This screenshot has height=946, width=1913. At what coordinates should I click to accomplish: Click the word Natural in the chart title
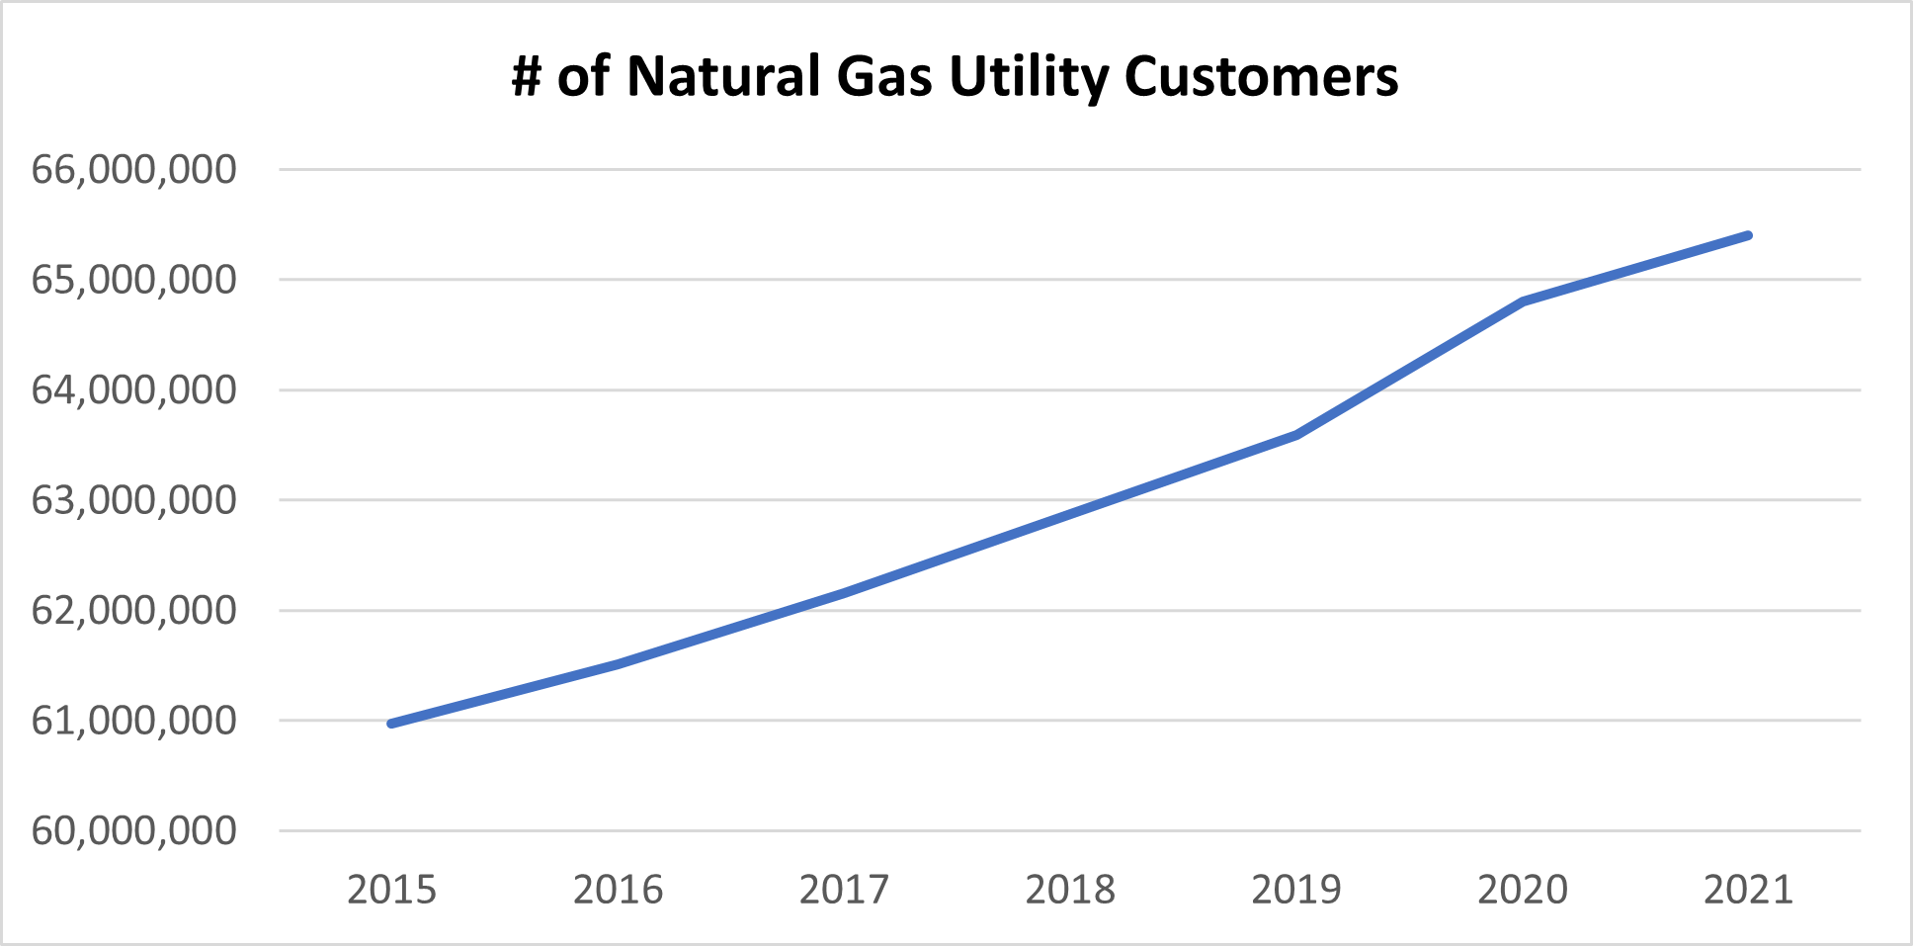click(723, 76)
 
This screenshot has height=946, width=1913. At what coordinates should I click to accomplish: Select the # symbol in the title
click(527, 76)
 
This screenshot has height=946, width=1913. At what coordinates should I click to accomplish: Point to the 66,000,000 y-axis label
click(134, 170)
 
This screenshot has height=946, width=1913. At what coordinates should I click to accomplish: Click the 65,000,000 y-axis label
click(134, 280)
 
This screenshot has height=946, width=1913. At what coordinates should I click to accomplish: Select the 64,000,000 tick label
click(134, 390)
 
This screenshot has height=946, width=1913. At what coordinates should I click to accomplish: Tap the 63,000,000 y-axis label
click(134, 500)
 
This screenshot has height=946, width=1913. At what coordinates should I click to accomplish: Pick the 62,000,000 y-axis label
click(134, 611)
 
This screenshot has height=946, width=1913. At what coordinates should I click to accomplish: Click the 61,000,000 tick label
click(134, 721)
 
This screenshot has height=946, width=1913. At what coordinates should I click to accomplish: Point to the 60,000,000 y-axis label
click(134, 830)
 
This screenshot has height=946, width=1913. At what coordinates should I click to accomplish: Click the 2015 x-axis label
click(391, 890)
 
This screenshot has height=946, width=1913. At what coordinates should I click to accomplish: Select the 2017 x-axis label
click(844, 890)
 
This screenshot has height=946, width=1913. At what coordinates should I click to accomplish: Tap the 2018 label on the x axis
click(1070, 890)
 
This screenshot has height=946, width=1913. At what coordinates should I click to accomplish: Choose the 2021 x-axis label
click(1748, 890)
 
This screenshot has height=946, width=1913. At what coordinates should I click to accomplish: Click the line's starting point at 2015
click(392, 724)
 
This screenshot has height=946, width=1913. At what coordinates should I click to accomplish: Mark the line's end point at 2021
click(1748, 235)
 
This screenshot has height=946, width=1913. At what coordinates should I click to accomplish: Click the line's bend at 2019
click(1296, 434)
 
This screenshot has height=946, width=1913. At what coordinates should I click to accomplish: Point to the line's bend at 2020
click(1523, 301)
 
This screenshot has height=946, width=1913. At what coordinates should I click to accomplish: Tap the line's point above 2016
click(619, 664)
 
